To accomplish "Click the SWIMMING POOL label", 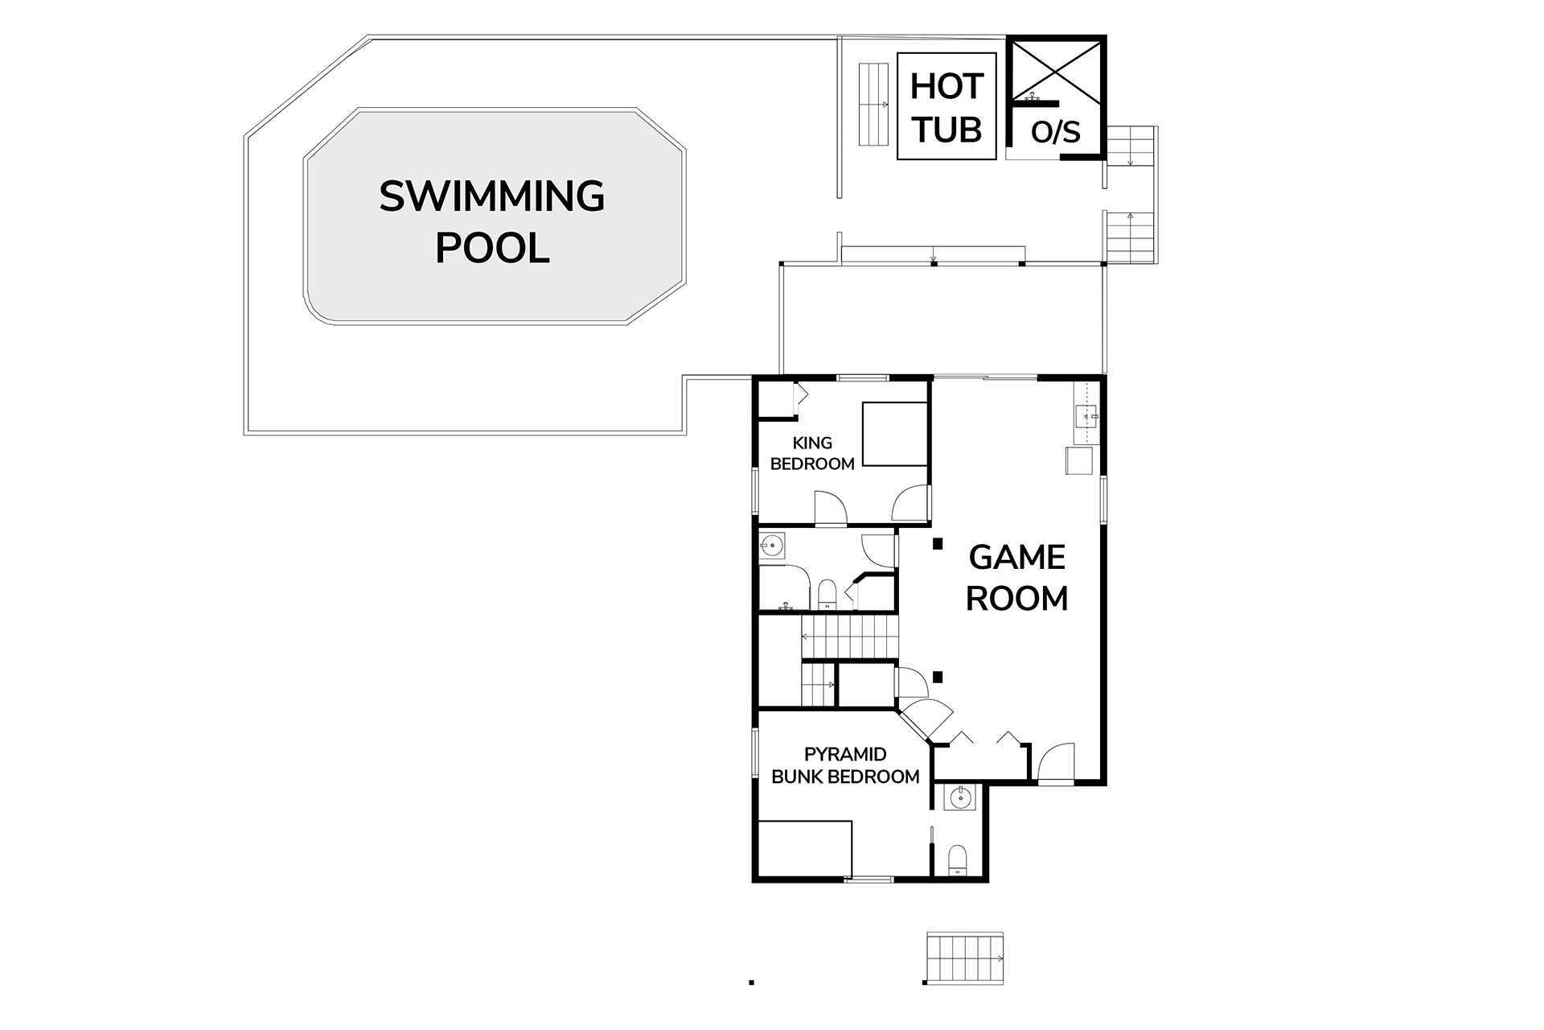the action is pyautogui.click(x=492, y=221).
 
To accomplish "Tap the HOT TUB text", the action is pyautogui.click(x=947, y=107).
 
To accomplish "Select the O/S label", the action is pyautogui.click(x=1056, y=132).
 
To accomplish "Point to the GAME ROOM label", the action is pyautogui.click(x=1017, y=577).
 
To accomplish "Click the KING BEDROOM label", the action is pyautogui.click(x=812, y=453).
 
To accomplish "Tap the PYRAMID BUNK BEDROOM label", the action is pyautogui.click(x=845, y=765).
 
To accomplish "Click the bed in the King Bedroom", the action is pyautogui.click(x=895, y=434).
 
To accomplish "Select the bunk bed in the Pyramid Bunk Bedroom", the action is pyautogui.click(x=804, y=848).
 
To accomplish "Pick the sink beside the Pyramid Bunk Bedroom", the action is pyautogui.click(x=960, y=799).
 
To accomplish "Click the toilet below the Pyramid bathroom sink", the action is pyautogui.click(x=958, y=859).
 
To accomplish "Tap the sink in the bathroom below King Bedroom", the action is pyautogui.click(x=773, y=546).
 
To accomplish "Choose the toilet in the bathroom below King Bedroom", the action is pyautogui.click(x=827, y=594).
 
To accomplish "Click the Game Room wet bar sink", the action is pyautogui.click(x=1086, y=417).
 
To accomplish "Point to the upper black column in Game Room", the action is pyautogui.click(x=937, y=544).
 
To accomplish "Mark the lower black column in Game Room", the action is pyautogui.click(x=937, y=677).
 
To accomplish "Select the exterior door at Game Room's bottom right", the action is pyautogui.click(x=1055, y=761).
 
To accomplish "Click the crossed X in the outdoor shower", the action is pyautogui.click(x=1056, y=71).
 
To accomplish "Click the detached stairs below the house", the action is pyautogui.click(x=965, y=958).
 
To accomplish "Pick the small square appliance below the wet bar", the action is pyautogui.click(x=1079, y=461).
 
